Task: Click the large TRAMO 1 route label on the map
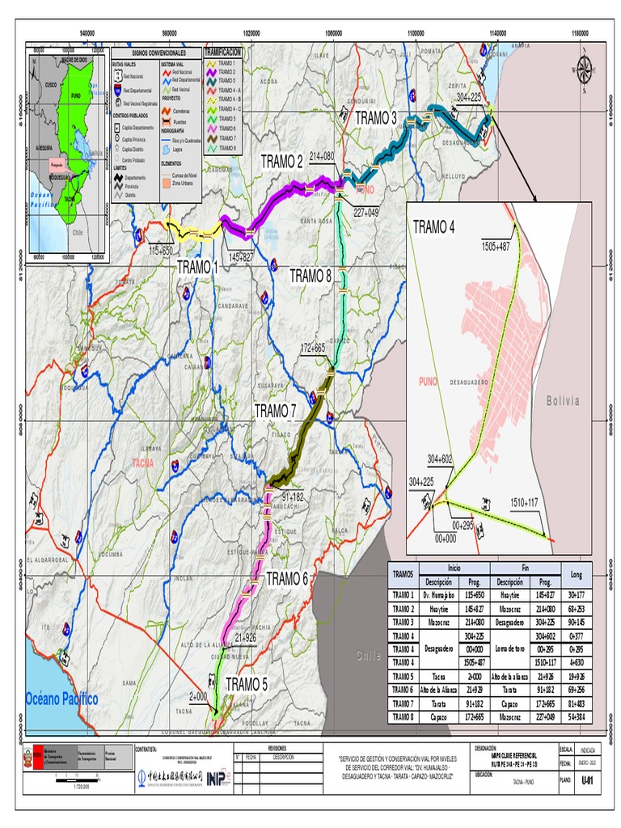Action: (197, 267)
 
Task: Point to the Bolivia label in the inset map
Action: (563, 401)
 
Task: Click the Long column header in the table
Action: (576, 575)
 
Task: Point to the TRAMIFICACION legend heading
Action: (223, 51)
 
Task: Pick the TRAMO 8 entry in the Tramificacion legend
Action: (228, 148)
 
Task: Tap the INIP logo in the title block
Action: (215, 778)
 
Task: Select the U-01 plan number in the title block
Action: (587, 780)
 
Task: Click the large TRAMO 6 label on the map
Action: (287, 578)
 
